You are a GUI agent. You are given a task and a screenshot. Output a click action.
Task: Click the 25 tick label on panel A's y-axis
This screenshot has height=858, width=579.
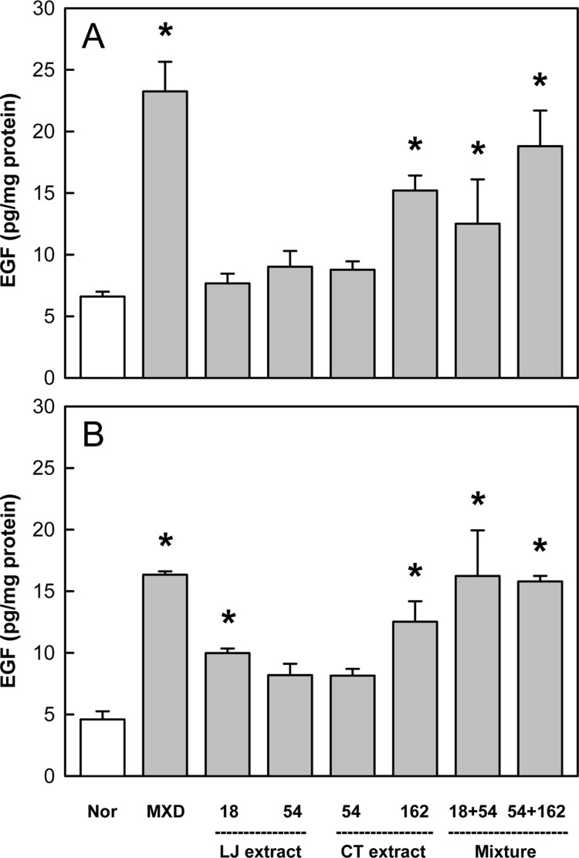[x=46, y=70]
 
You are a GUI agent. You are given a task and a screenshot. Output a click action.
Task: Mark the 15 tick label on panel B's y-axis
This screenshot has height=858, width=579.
[x=46, y=592]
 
